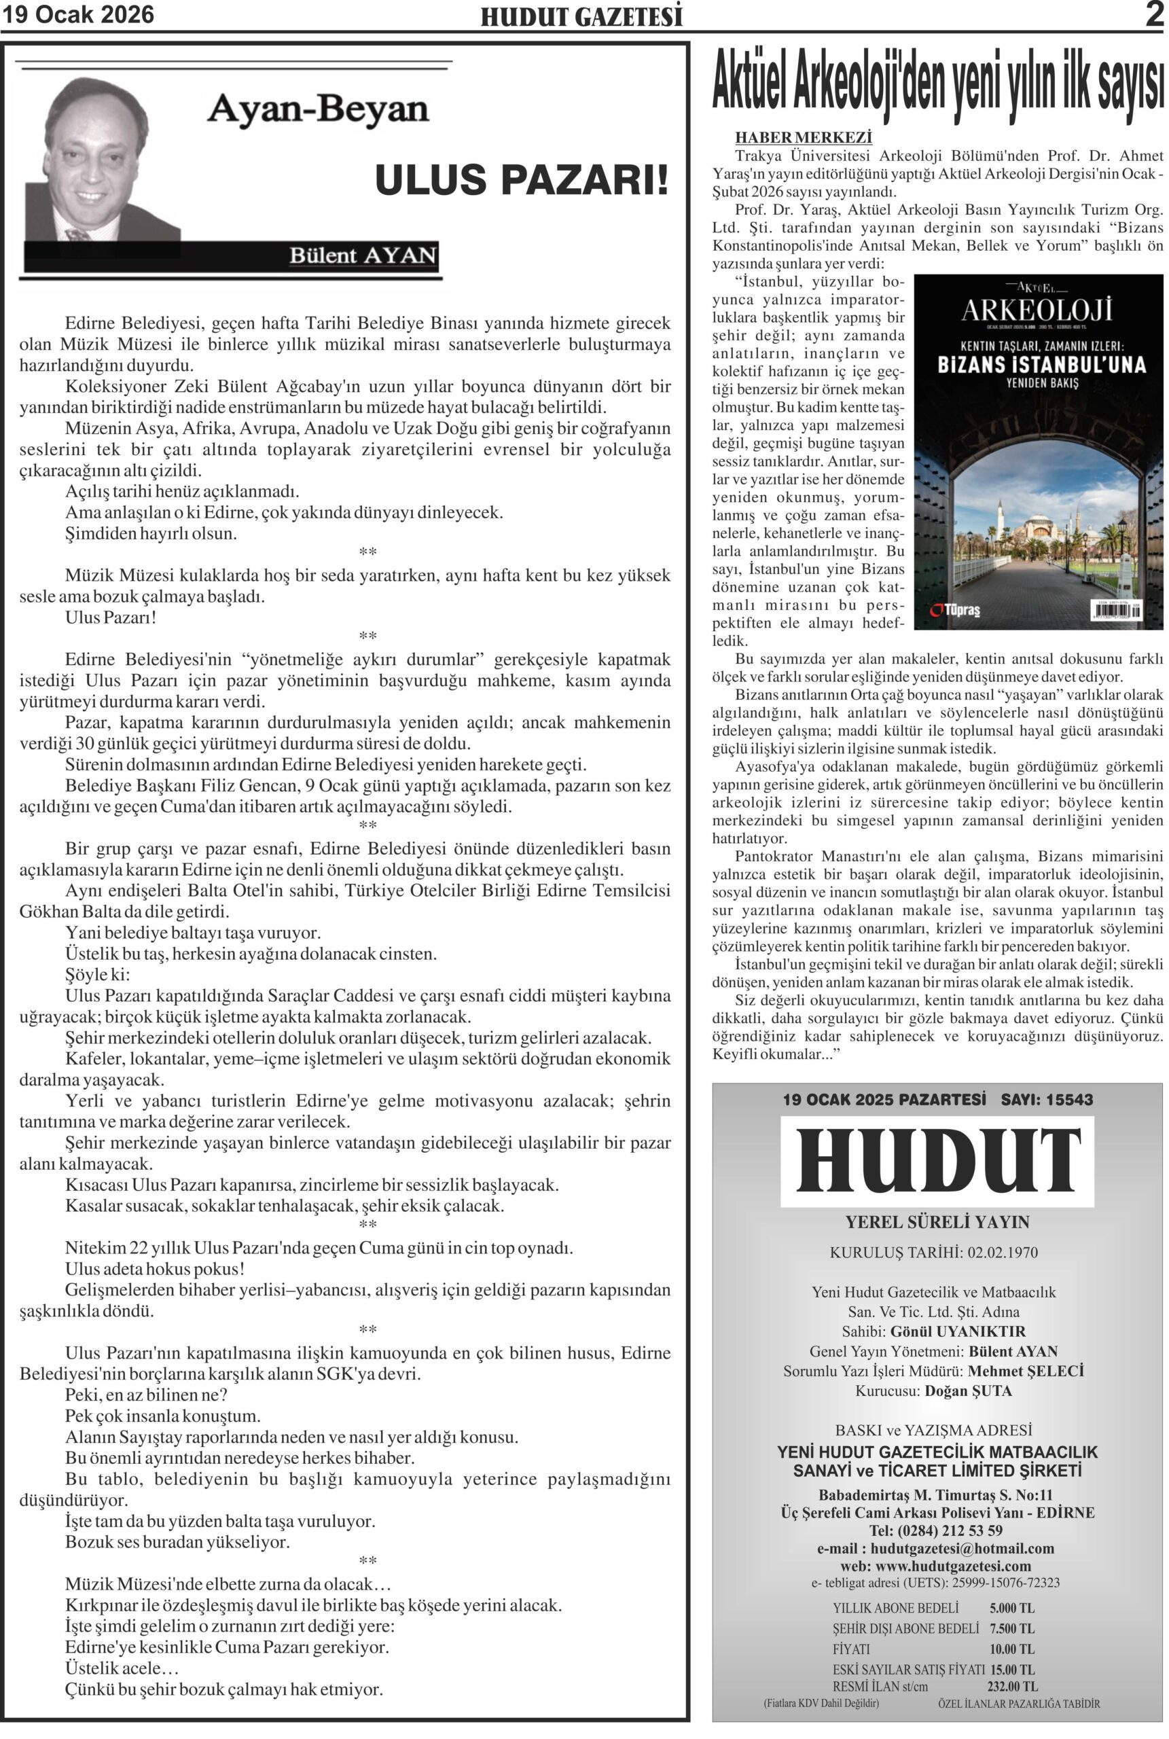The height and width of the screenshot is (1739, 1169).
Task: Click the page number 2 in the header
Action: pos(1154,15)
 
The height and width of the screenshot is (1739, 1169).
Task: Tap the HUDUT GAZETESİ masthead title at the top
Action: pos(581,17)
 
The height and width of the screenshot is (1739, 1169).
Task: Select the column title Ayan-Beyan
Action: pos(318,109)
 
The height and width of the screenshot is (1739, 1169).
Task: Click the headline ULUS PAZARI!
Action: pos(521,181)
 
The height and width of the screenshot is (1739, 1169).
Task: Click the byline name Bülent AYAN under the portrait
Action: pos(362,255)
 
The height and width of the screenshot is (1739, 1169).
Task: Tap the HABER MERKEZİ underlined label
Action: pos(803,138)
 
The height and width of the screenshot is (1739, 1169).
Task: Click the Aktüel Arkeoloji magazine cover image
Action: pos(1038,452)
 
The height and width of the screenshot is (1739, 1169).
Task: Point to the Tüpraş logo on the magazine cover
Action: pos(956,611)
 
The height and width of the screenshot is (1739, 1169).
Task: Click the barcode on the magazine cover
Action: pos(1115,611)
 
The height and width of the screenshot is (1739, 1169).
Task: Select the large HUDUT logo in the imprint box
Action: pos(937,1160)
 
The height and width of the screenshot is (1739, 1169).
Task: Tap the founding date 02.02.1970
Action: pos(1003,1252)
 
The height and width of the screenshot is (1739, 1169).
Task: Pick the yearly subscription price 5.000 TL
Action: pos(1011,1608)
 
